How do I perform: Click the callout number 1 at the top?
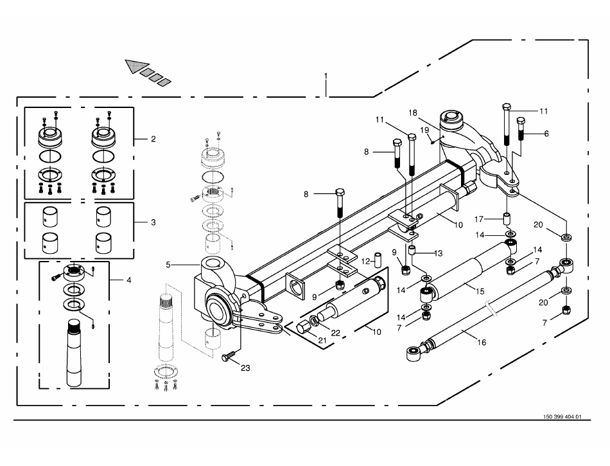[x=326, y=76]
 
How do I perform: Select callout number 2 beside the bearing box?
[x=153, y=139]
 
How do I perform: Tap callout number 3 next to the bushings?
[x=153, y=222]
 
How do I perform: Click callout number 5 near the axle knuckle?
[x=169, y=264]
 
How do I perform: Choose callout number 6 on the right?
[x=546, y=134]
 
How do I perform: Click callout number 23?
[x=245, y=368]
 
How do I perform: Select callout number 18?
[x=414, y=112]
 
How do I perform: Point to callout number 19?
[x=424, y=130]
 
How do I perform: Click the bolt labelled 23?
[x=229, y=357]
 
